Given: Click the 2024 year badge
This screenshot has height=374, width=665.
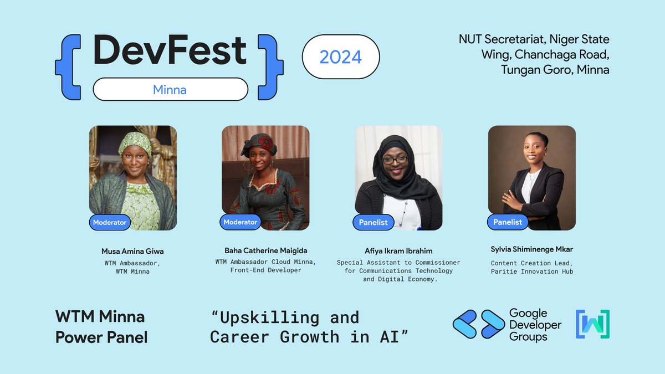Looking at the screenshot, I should pyautogui.click(x=341, y=57).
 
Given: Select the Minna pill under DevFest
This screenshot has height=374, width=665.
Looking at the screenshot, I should pyautogui.click(x=170, y=89).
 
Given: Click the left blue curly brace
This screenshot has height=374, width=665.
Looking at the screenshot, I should pyautogui.click(x=67, y=68).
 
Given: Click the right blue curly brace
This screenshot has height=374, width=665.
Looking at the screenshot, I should pyautogui.click(x=271, y=68).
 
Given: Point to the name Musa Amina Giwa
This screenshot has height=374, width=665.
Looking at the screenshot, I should pyautogui.click(x=132, y=251).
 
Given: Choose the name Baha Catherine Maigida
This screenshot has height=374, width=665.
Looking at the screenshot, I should pyautogui.click(x=265, y=251).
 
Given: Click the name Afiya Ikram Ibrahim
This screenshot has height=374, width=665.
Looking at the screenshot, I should pyautogui.click(x=398, y=251).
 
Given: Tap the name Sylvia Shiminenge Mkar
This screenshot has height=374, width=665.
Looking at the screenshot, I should pyautogui.click(x=532, y=249).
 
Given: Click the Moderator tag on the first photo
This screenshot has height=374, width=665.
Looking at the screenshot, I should pyautogui.click(x=110, y=223).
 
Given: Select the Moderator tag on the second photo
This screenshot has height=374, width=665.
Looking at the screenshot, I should pyautogui.click(x=241, y=222).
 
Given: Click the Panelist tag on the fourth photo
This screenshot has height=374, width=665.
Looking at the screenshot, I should pyautogui.click(x=508, y=222).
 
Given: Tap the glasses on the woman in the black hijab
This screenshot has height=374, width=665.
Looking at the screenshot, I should pyautogui.click(x=395, y=160).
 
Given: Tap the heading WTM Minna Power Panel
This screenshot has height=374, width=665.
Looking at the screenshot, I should pyautogui.click(x=101, y=327).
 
